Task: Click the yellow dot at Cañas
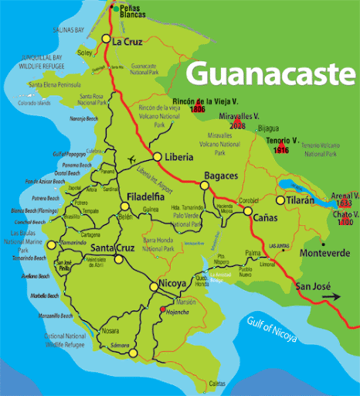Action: (248, 210)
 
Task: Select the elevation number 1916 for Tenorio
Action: (282, 150)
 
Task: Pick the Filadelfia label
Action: (148, 196)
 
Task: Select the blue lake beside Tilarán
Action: (296, 186)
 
